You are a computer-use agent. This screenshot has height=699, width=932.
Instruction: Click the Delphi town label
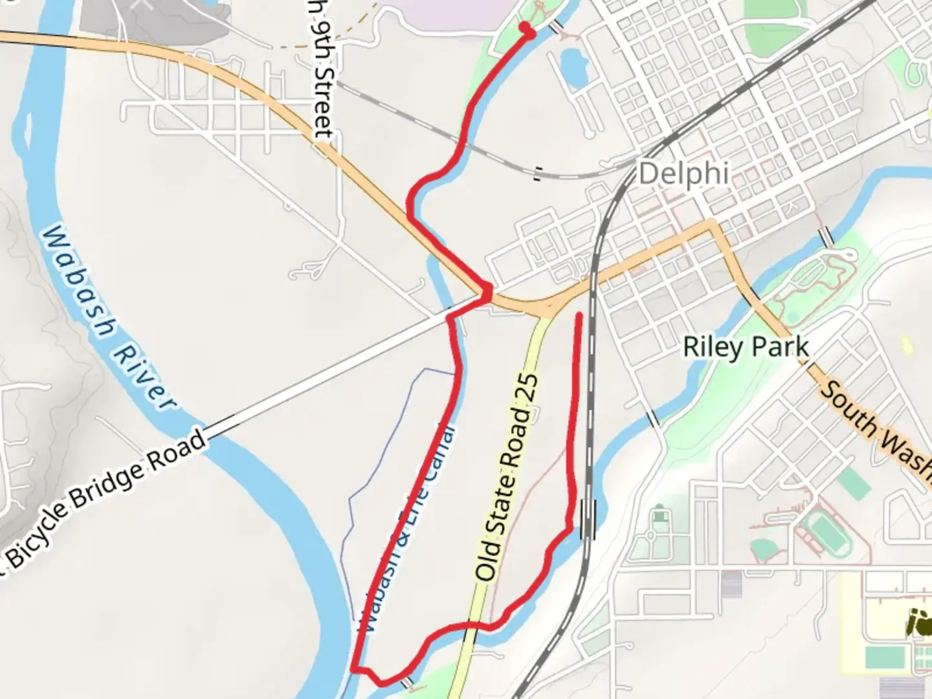(683, 173)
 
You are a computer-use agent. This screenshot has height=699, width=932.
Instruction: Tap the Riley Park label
(746, 347)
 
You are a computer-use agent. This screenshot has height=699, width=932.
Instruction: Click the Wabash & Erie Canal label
(406, 527)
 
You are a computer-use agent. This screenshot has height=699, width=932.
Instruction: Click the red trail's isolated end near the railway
(579, 316)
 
